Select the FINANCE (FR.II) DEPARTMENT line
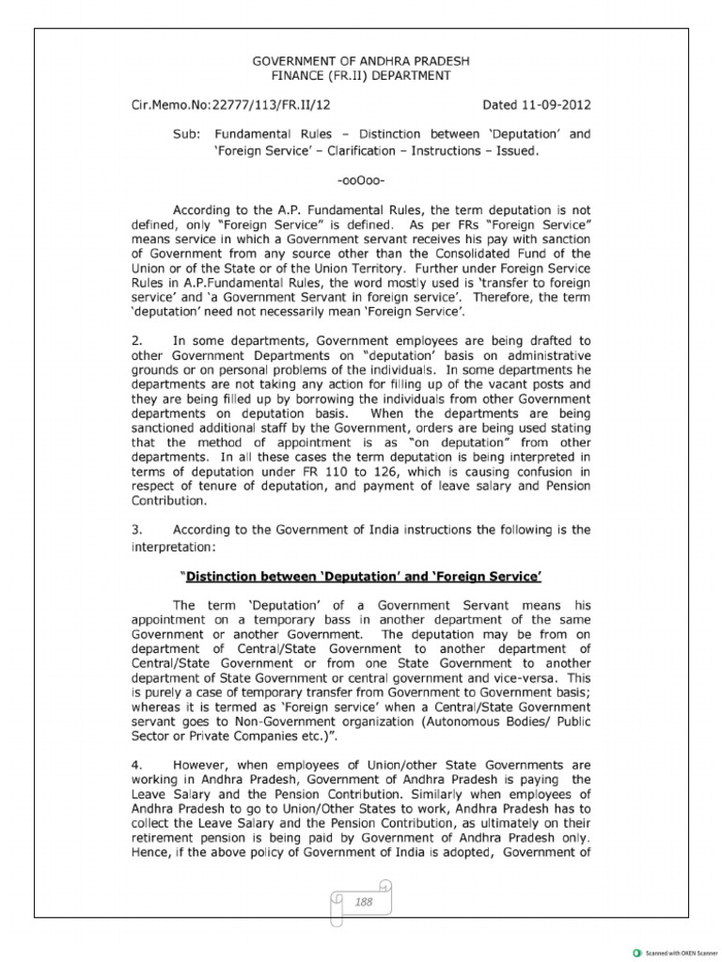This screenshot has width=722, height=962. (x=361, y=75)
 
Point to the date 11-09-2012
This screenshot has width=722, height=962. (x=556, y=105)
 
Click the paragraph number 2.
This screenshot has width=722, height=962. (x=135, y=341)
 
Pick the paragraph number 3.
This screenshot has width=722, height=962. (x=135, y=530)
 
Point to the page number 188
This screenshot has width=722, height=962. (x=364, y=901)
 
